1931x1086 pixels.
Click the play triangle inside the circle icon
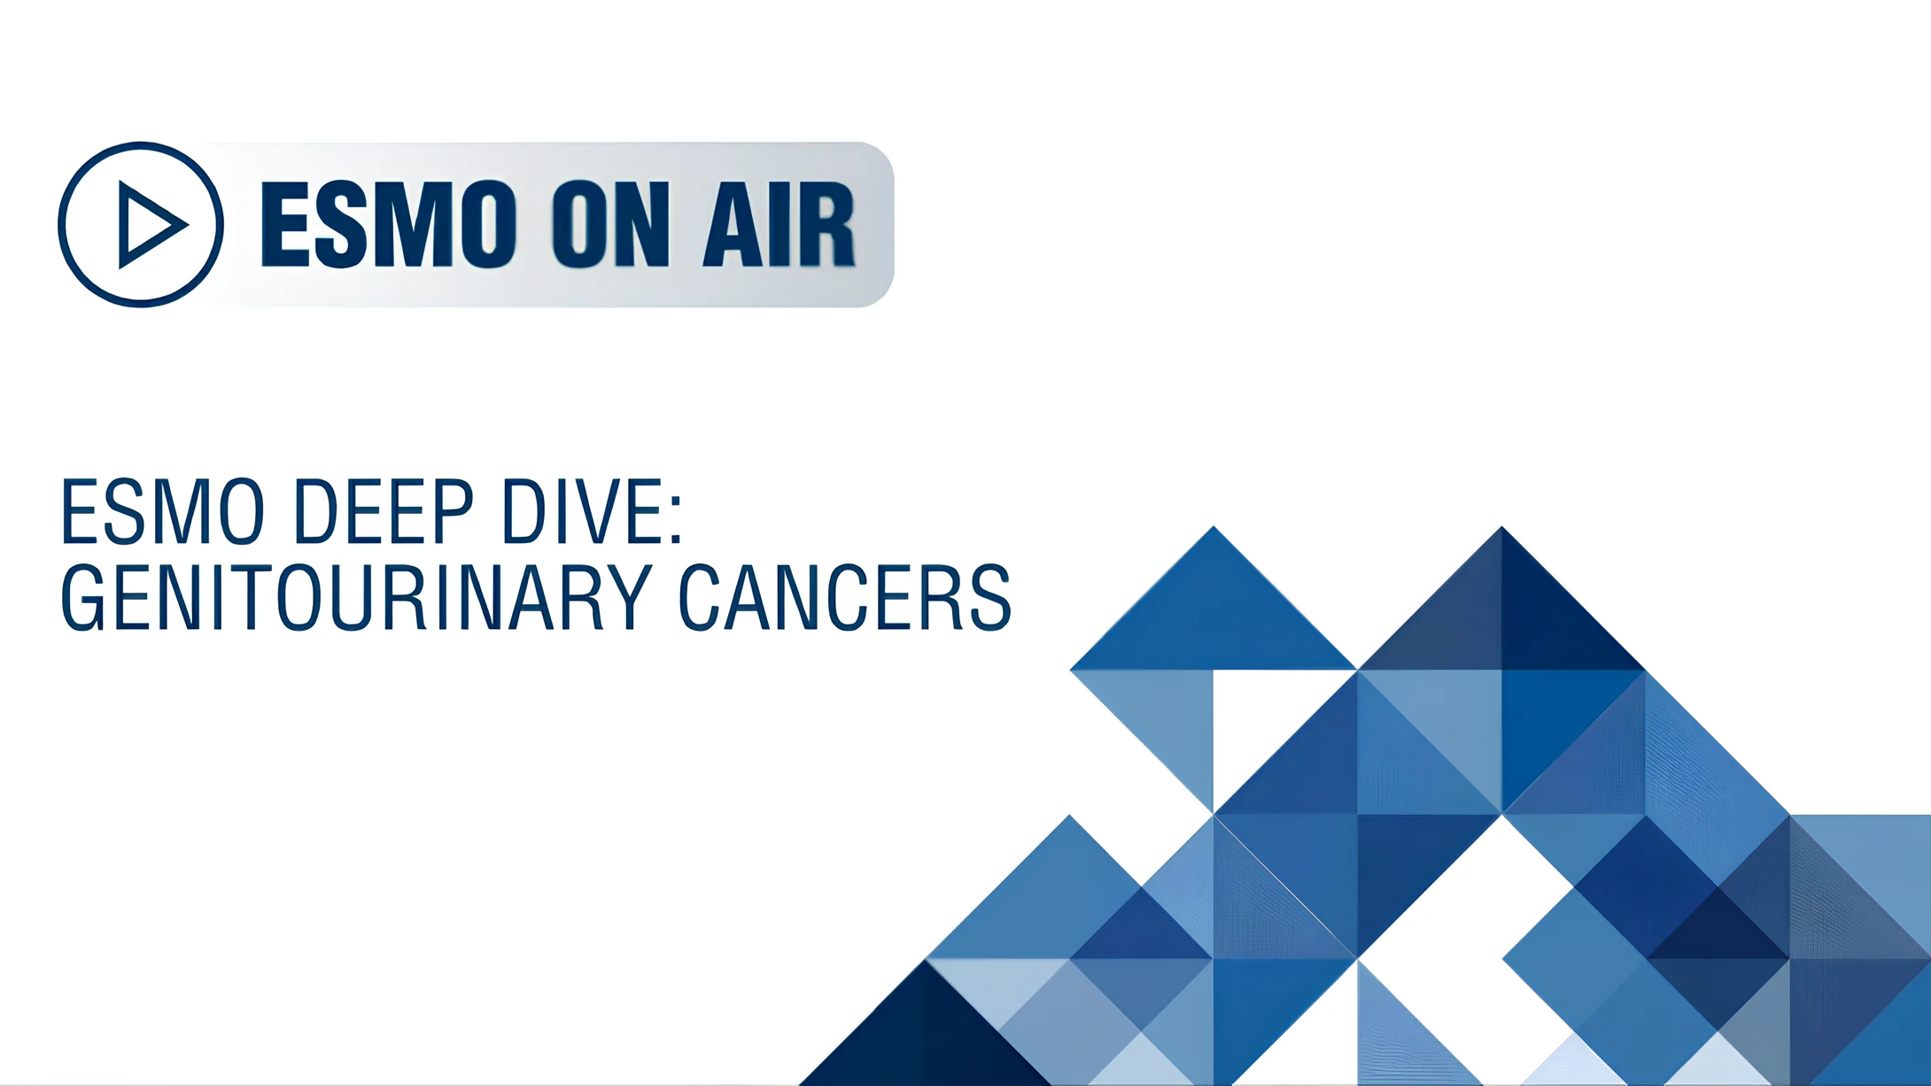click(x=149, y=225)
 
